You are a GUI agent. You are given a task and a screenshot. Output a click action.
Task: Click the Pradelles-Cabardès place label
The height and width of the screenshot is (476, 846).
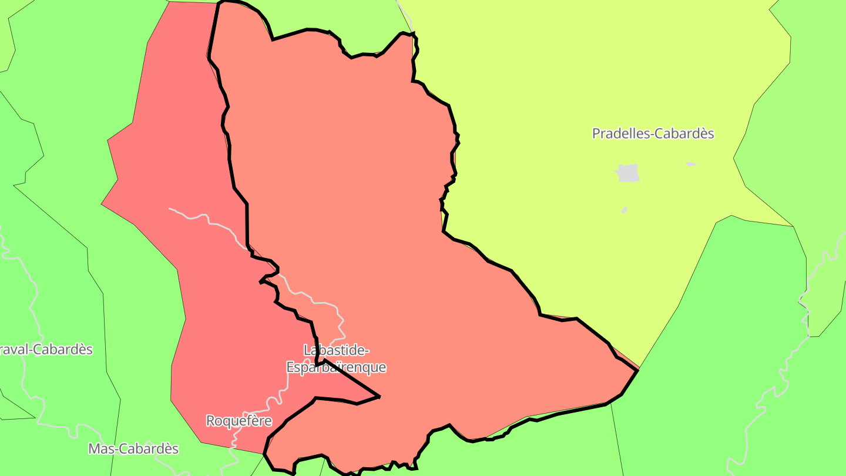pos(653,133)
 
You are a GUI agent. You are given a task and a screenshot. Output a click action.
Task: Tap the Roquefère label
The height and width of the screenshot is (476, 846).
pos(239,421)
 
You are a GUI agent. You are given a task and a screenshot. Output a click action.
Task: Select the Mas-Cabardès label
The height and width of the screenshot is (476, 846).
pos(133,449)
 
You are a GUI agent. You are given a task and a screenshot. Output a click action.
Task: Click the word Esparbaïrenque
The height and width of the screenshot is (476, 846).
pos(336,368)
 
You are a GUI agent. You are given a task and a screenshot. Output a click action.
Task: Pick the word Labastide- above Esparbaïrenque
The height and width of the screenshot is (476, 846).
pos(336,350)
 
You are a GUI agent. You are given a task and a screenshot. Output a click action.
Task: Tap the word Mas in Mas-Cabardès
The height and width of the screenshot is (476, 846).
pos(99,449)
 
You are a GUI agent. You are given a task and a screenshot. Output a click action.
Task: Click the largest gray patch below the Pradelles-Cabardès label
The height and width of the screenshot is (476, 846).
pos(627,173)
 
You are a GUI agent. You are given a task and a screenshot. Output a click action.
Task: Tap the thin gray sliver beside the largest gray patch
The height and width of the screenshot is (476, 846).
pos(690,164)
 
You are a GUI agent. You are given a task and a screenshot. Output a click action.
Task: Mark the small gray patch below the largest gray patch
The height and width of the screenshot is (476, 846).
pos(624,210)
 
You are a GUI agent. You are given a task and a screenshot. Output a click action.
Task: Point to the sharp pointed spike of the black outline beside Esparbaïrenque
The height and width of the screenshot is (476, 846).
pos(379,397)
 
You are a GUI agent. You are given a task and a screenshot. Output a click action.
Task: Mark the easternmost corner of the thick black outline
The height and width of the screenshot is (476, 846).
pos(638,370)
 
